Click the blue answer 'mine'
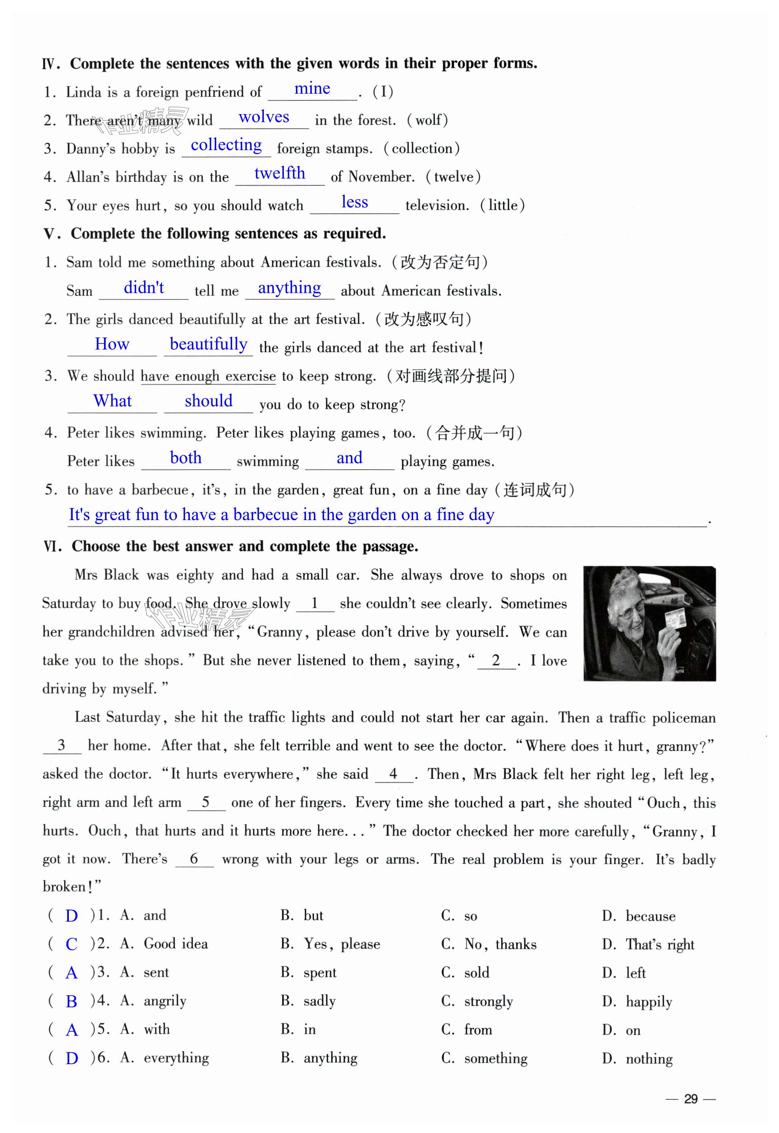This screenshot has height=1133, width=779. (x=312, y=89)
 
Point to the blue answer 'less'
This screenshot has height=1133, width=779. (x=354, y=202)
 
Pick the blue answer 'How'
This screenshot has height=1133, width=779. (x=112, y=344)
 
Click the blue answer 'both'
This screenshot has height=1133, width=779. (x=185, y=458)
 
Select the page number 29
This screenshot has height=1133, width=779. (x=691, y=1099)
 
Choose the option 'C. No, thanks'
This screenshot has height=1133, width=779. (x=489, y=944)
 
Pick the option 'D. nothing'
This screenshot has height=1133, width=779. (x=637, y=1059)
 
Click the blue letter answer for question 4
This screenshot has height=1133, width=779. (x=71, y=1002)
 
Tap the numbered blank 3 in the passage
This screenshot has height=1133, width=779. (x=62, y=745)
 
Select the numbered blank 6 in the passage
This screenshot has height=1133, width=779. (x=194, y=859)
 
